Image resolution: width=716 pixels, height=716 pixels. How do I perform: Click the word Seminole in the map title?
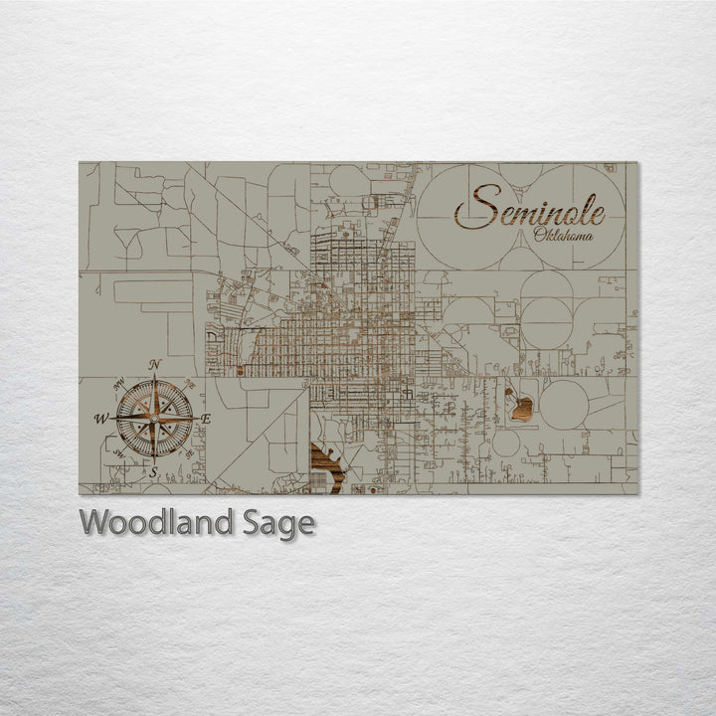pos(529,208)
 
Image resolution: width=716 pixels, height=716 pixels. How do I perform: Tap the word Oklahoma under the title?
pos(563,236)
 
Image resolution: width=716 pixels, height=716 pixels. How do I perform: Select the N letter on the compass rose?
pos(154,365)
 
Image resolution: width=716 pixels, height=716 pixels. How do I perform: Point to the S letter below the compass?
pos(153,472)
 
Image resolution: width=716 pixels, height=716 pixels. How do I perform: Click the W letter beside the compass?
pos(100,419)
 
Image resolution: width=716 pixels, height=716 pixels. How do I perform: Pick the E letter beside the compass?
pos(206,419)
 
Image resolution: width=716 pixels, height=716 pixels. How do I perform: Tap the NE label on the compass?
pos(190,384)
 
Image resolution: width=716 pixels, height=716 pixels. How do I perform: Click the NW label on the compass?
pos(118,384)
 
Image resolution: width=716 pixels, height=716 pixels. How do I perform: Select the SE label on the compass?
pos(189,453)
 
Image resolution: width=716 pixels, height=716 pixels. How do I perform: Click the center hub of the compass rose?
pos(154,419)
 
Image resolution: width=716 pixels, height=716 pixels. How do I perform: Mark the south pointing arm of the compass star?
pos(154,444)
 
